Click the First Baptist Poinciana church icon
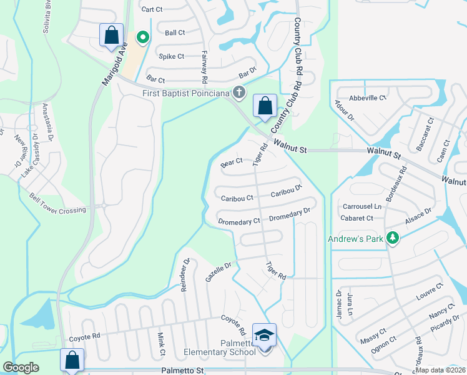tap(238, 92)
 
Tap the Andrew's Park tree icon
tap(393, 238)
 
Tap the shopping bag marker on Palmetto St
tap(72, 360)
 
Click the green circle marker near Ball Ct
tap(142, 38)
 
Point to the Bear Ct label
tap(232, 162)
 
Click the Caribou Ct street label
tap(237, 198)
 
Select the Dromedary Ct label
tap(239, 222)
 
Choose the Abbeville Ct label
tap(368, 98)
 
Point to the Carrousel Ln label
tap(361, 206)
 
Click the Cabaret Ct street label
tap(357, 218)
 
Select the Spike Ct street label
tap(171, 56)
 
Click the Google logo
tap(21, 367)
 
